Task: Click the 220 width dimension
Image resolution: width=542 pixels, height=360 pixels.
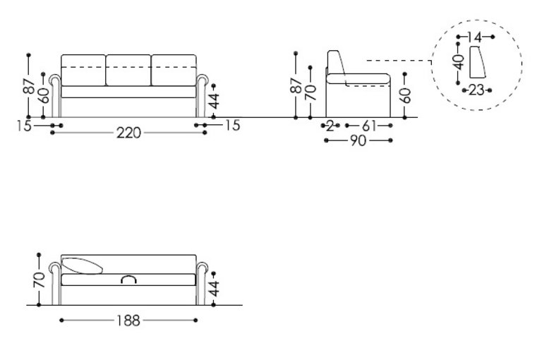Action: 128,133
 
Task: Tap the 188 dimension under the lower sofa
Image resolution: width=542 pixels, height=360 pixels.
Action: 128,320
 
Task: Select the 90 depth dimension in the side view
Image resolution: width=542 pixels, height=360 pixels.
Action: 358,140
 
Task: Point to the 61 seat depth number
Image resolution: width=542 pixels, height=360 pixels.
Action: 369,126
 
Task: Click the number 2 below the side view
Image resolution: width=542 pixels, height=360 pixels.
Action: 330,126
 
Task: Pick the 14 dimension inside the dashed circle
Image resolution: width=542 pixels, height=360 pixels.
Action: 475,37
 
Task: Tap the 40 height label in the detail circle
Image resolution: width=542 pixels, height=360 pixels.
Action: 459,62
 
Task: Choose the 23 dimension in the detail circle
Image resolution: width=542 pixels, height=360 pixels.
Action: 476,90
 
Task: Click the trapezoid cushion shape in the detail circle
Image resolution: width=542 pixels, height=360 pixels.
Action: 478,62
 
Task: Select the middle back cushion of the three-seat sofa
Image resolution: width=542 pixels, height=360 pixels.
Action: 128,70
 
